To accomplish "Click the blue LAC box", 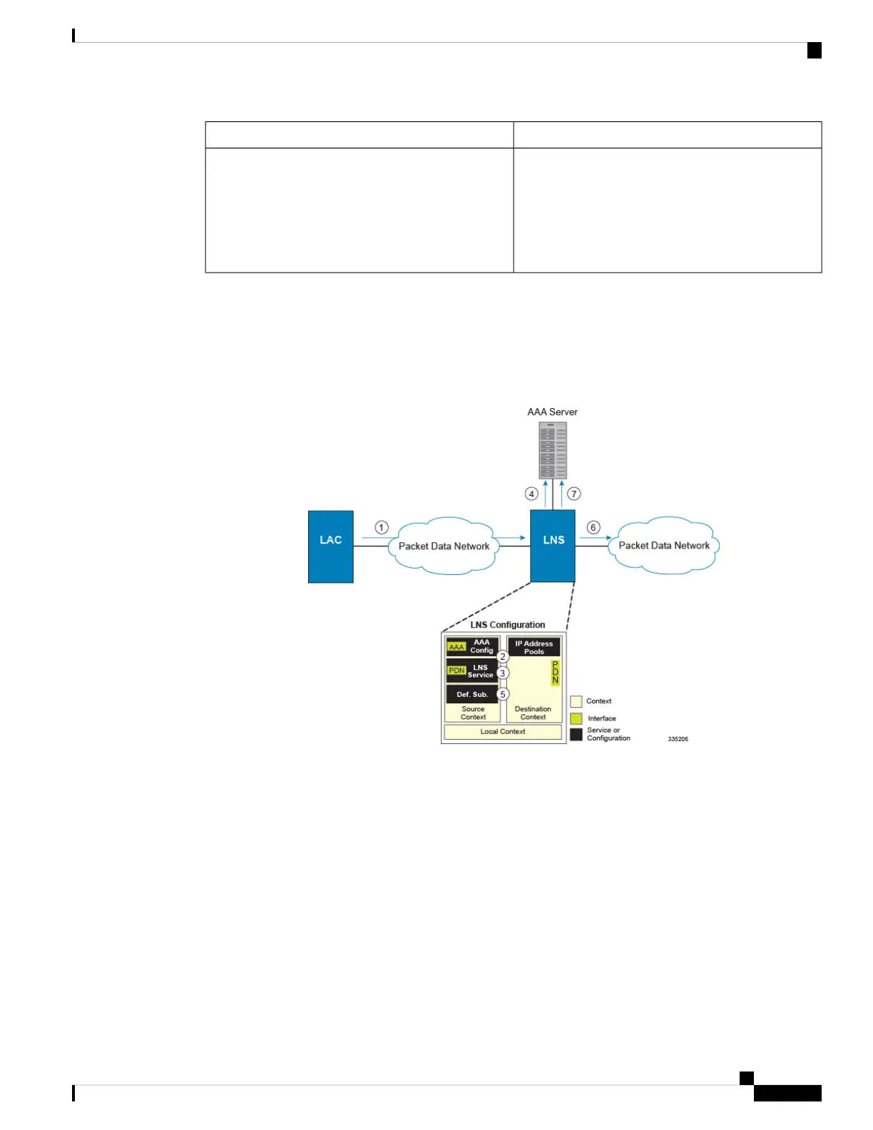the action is (x=331, y=546).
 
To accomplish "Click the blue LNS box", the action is (x=553, y=546).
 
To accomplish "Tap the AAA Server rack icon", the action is (x=553, y=450).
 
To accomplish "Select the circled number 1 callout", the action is (x=382, y=528).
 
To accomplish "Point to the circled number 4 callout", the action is (x=531, y=494).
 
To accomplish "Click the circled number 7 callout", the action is (x=574, y=494).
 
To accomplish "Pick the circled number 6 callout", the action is (x=593, y=528).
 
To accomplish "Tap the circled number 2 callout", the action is (x=503, y=656).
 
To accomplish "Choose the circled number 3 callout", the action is (x=503, y=673).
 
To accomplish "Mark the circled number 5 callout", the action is (x=503, y=694).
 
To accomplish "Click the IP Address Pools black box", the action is (x=533, y=647).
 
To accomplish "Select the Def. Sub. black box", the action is (x=472, y=694).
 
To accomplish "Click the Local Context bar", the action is (x=503, y=732).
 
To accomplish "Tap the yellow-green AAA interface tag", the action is (x=456, y=647).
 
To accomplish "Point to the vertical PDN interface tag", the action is (x=556, y=673).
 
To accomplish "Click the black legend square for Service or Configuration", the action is (x=576, y=734).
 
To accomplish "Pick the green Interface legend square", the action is (x=576, y=718).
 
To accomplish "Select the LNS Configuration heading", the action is (x=508, y=625).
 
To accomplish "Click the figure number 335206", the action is (x=678, y=739).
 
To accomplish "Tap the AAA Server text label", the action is (x=553, y=412).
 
